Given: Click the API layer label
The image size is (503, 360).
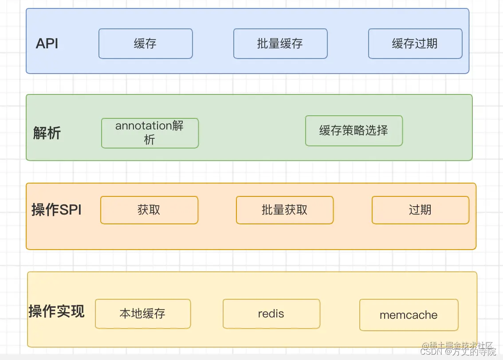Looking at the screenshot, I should pos(47,43).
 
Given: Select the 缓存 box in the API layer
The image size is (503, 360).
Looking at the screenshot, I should pos(145,43).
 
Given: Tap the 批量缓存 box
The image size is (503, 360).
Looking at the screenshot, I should pos(280,43).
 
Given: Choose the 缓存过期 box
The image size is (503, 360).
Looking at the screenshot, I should pos(415,43).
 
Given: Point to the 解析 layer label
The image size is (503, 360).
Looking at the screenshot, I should pos(47,133).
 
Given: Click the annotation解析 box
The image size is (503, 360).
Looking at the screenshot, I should pos(150,133).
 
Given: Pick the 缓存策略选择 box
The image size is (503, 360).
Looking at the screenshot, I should pos(354,131).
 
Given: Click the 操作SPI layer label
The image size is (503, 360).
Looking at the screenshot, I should pos(57,210).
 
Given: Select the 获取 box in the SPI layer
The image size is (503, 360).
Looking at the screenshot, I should pos(149,210).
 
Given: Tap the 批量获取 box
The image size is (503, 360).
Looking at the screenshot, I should pos(285,210).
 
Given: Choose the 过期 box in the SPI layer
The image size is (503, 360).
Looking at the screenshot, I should pos(420,210).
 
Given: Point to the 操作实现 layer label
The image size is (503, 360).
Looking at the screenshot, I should pos(57,311).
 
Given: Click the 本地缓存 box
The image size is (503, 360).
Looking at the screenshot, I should pos(143,313).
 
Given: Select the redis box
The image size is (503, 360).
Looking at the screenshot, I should pos(271,313).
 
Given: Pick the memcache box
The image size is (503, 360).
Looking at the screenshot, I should pos(409,315).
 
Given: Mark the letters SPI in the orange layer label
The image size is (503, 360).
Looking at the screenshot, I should pos(71,210).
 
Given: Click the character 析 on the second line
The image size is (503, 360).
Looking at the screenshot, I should pos(149,140).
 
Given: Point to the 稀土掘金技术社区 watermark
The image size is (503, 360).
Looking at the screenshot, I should pos(458,345).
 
